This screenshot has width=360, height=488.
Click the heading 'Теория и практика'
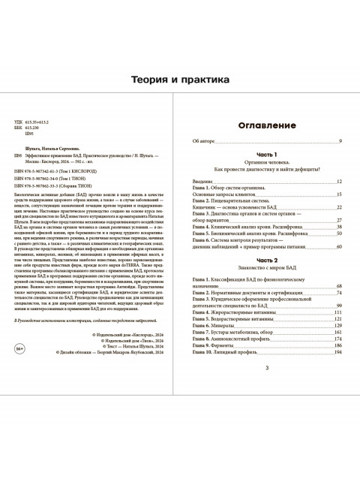[180, 80]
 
